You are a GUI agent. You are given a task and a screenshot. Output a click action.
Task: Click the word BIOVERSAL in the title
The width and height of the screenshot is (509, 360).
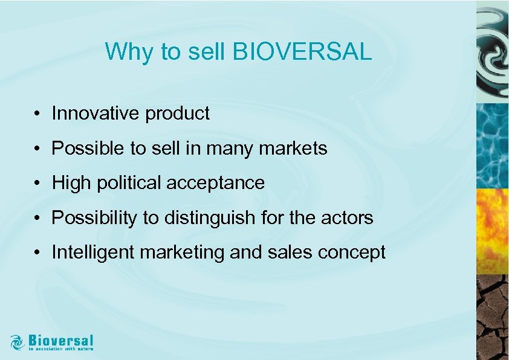302,53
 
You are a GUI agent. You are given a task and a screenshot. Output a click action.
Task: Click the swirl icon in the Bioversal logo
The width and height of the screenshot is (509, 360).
18,342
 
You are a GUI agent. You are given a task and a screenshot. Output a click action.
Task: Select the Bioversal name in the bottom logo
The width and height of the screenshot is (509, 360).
60,340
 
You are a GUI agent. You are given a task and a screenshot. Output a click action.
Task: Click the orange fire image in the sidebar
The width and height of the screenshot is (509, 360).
492,230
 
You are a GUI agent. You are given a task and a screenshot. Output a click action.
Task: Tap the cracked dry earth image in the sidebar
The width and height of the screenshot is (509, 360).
492,317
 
